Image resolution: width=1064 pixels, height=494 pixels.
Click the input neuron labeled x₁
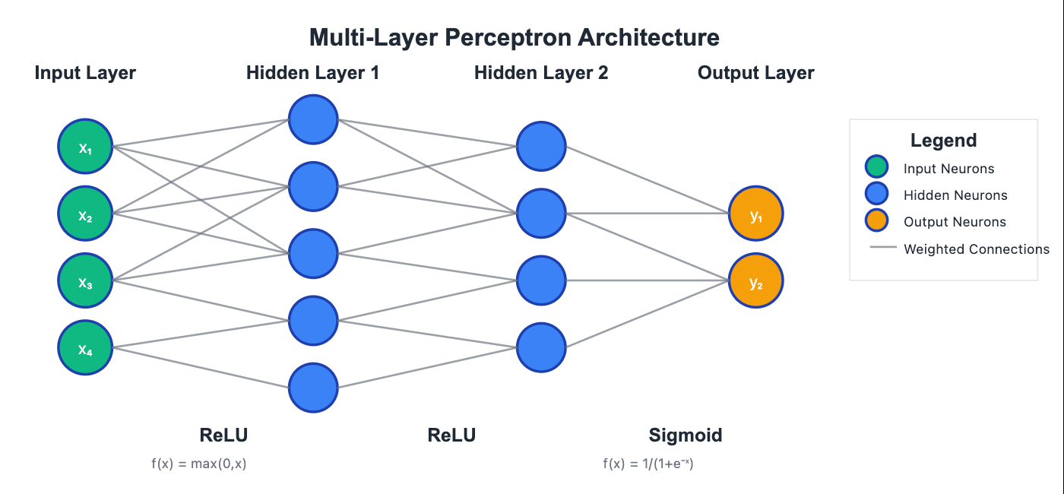(85, 147)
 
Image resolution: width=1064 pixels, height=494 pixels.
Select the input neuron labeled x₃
(85, 281)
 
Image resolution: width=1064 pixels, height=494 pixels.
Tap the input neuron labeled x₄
(85, 348)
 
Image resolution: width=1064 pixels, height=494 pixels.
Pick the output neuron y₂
(755, 281)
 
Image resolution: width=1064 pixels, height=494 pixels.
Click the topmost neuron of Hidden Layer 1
(313, 119)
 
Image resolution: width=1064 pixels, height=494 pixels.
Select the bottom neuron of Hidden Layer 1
(313, 388)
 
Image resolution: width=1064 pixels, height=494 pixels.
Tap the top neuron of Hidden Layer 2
(541, 147)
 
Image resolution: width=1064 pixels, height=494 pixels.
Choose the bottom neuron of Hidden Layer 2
(541, 348)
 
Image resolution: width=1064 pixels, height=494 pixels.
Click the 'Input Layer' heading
(85, 73)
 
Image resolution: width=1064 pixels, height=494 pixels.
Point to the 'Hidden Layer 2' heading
(541, 73)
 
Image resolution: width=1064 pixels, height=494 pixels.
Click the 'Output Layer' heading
(755, 73)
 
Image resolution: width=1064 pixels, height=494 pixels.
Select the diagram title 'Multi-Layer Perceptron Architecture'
(515, 37)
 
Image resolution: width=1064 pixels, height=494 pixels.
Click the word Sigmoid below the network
(685, 435)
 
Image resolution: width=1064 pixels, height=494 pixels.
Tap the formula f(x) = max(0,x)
(199, 464)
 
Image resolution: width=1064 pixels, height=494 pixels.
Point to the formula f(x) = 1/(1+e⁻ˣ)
(648, 464)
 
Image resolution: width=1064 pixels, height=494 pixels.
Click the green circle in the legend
(876, 168)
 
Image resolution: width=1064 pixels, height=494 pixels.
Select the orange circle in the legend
(876, 221)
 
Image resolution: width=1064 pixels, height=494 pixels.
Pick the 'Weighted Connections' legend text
(976, 249)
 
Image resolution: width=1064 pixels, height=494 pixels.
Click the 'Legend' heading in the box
(943, 140)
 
